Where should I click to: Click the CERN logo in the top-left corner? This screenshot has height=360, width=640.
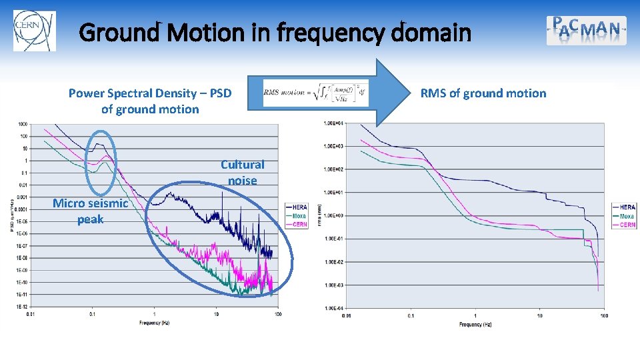34,31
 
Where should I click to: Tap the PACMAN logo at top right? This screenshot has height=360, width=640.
587,30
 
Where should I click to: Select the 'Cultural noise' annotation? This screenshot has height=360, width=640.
243,172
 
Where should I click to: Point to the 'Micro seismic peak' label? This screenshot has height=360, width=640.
90,211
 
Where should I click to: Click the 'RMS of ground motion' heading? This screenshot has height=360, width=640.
483,93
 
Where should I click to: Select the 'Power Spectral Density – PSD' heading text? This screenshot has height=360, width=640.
150,93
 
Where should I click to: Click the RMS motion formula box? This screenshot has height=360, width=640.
315,93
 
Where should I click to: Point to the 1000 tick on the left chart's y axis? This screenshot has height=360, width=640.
23,124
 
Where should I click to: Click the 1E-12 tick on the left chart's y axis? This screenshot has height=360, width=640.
22,306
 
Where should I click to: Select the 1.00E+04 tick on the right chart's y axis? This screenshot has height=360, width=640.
333,123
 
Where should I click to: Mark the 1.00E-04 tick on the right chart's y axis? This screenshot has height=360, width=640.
333,308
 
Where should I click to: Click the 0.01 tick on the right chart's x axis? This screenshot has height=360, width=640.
346,315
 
